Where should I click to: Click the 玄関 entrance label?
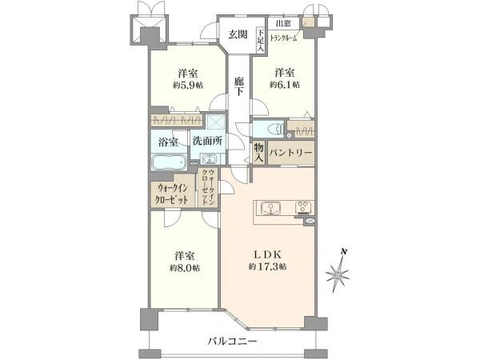click(238, 34)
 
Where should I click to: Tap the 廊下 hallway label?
click(239, 86)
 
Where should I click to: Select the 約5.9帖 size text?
click(188, 86)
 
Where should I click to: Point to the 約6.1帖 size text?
click(285, 85)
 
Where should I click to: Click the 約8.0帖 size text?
click(185, 268)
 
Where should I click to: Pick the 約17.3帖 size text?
click(267, 266)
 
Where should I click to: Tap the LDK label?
click(268, 254)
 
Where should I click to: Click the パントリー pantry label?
click(291, 153)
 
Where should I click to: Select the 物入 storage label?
click(258, 153)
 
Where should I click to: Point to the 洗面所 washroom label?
click(207, 141)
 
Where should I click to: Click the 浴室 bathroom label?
click(168, 142)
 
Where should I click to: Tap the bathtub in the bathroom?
click(169, 162)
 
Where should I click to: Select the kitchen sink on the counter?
click(270, 208)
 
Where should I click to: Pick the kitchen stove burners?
click(303, 207)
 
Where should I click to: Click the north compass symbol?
click(337, 274)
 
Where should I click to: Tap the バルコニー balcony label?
click(233, 341)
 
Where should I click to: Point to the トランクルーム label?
click(284, 38)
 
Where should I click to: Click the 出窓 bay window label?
click(283, 23)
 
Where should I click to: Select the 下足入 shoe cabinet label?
click(261, 40)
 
